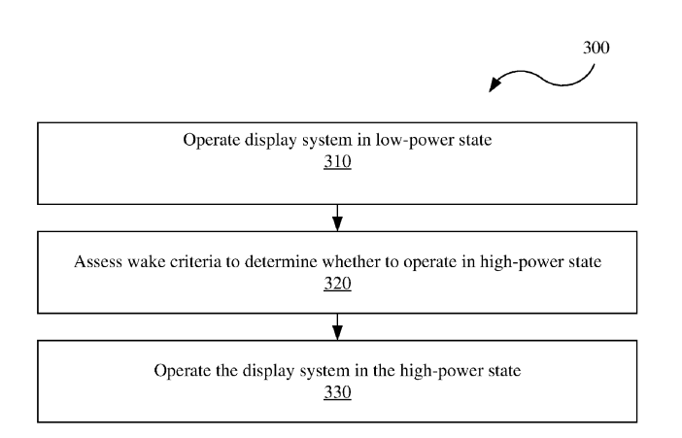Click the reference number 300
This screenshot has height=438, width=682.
tap(596, 48)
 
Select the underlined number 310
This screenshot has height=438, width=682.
tap(337, 162)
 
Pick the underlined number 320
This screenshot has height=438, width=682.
tap(337, 284)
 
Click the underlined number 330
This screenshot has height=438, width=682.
tap(337, 392)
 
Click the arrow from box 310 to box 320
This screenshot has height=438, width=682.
tap(337, 218)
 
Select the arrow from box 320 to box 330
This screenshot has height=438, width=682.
tap(337, 326)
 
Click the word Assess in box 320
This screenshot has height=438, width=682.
tap(98, 262)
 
